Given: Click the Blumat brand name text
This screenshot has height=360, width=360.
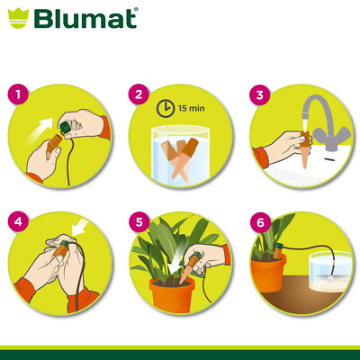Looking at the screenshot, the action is click(86, 19).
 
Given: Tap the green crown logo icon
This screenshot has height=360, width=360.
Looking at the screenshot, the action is click(19, 19).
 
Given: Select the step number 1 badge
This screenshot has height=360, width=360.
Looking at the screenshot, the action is click(18, 94).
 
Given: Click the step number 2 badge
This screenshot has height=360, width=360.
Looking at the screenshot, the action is click(139, 94).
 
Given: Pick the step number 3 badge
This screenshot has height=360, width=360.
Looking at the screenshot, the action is click(260, 94).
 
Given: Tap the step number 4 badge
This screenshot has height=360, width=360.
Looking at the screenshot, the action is click(18, 221).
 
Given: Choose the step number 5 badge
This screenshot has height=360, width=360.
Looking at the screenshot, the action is click(139, 222).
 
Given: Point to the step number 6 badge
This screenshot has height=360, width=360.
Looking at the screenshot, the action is click(260, 222).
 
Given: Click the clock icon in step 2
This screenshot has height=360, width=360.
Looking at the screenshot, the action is click(166, 108).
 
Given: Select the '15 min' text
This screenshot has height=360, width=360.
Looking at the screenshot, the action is click(192, 108).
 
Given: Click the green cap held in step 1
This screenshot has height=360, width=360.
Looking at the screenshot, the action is click(65, 128).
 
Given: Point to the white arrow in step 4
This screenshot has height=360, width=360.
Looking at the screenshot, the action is click(81, 227).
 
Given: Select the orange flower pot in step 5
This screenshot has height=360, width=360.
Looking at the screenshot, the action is click(172, 294).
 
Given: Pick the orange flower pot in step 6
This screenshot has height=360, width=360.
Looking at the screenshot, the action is click(268, 275).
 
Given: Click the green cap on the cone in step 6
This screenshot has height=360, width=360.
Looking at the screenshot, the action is click(278, 247).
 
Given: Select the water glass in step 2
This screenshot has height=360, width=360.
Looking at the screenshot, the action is click(180, 154).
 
